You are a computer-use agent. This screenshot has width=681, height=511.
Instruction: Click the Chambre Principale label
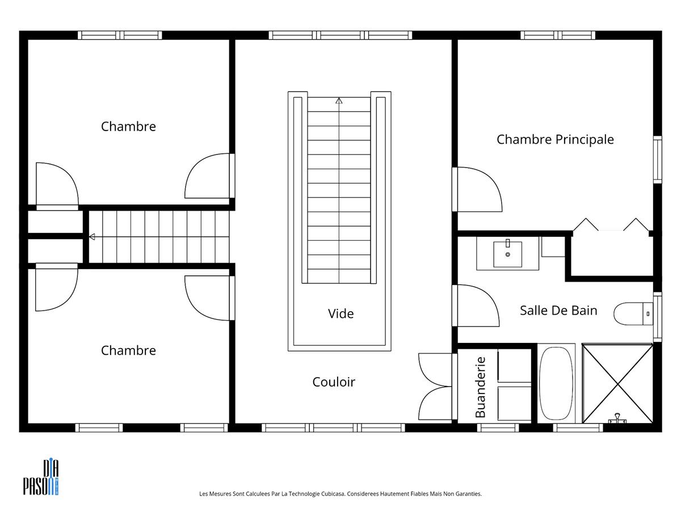[x=555, y=140]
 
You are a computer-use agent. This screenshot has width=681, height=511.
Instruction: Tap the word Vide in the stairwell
[x=340, y=313]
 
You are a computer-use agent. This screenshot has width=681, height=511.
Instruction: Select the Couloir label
[x=334, y=382]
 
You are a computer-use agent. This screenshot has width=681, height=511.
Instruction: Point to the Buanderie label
[x=480, y=387]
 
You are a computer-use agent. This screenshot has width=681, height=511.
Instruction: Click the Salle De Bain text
[x=558, y=311]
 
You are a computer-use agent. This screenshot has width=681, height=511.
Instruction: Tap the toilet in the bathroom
[x=633, y=313]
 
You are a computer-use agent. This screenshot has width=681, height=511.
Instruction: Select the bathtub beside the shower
[x=556, y=383]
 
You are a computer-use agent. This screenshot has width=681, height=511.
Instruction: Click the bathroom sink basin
[x=507, y=254]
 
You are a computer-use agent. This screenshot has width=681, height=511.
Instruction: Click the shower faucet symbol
[x=617, y=418]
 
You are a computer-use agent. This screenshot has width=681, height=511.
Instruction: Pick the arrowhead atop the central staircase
[x=339, y=100]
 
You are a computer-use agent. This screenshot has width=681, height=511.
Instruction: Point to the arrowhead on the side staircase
[x=92, y=237]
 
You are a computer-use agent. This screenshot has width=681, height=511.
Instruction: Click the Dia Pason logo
[x=41, y=477]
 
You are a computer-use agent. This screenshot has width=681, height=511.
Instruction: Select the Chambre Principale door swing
[x=480, y=190]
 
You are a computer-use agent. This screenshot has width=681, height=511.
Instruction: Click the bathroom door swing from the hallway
[x=478, y=305]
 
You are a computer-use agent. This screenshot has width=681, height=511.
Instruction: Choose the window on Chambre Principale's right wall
[x=658, y=160]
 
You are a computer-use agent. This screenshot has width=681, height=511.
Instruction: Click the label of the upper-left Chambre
[x=128, y=127]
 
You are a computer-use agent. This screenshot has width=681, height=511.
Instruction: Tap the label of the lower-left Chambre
[x=128, y=350]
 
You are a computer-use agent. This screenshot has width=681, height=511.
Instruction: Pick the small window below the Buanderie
[x=498, y=428]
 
